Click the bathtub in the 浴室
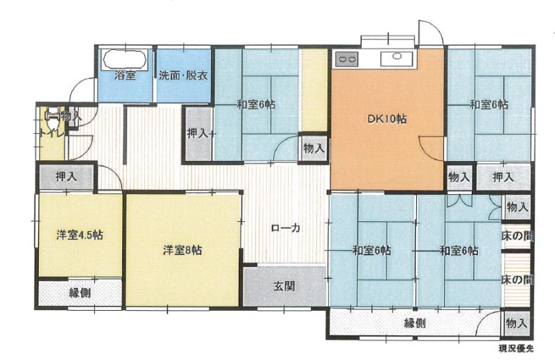coord(124,59)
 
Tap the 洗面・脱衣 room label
coord(183,76)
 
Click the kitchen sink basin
coord(397,58)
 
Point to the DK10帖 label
coord(386,119)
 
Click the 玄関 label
coord(284,286)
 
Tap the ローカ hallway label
coord(285,228)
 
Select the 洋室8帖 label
coord(182,250)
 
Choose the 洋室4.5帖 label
coord(80,235)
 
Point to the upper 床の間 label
coord(517,236)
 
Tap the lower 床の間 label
coord(517,280)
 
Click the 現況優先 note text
coord(515,349)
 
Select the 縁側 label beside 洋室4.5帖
coord(80,293)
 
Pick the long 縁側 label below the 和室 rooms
coord(415,323)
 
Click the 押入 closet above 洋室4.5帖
coord(66,176)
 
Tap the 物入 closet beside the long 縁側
coord(517,323)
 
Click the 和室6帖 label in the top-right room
coord(489,105)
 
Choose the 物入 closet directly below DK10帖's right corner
coord(459,177)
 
